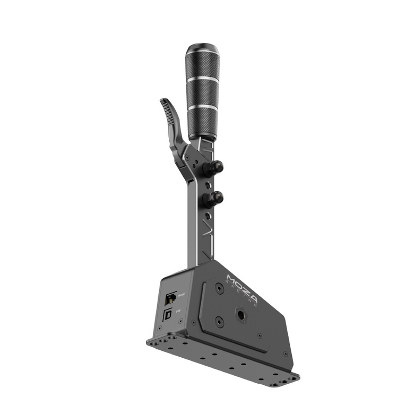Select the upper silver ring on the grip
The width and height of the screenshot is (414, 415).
[203, 78]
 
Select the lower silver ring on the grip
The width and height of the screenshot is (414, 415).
[202, 107]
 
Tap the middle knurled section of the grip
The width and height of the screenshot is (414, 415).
[203, 93]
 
